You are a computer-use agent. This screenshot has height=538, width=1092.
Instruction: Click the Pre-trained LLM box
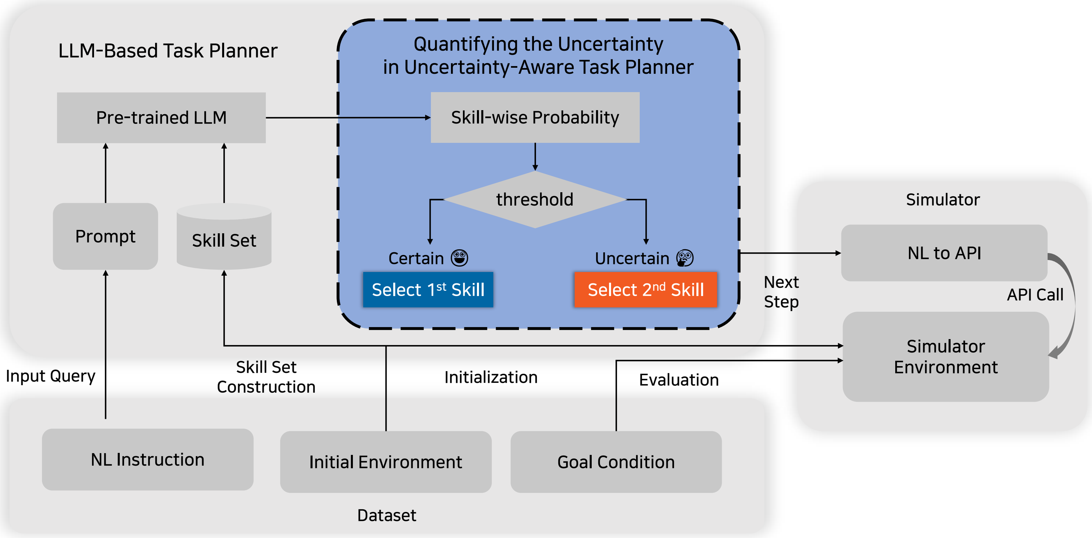click(161, 117)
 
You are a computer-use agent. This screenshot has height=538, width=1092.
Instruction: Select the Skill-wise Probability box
click(535, 117)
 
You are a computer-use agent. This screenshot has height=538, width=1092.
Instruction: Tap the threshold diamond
click(535, 200)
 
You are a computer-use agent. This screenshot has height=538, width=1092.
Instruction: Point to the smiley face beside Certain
click(460, 258)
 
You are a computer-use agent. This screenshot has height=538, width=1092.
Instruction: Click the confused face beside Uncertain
click(685, 258)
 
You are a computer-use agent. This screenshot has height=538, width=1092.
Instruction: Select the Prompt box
click(105, 236)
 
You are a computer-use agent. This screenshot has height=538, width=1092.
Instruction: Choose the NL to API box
click(944, 253)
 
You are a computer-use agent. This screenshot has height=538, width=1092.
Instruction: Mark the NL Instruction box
click(147, 460)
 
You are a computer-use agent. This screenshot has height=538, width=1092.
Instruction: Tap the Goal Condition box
click(616, 462)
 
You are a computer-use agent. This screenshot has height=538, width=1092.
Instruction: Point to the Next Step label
click(781, 292)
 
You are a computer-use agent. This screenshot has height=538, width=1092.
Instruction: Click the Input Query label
click(50, 376)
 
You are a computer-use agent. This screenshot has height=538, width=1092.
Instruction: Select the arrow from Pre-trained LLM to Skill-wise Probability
click(348, 117)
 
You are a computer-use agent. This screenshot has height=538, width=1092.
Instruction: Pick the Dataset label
click(387, 515)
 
